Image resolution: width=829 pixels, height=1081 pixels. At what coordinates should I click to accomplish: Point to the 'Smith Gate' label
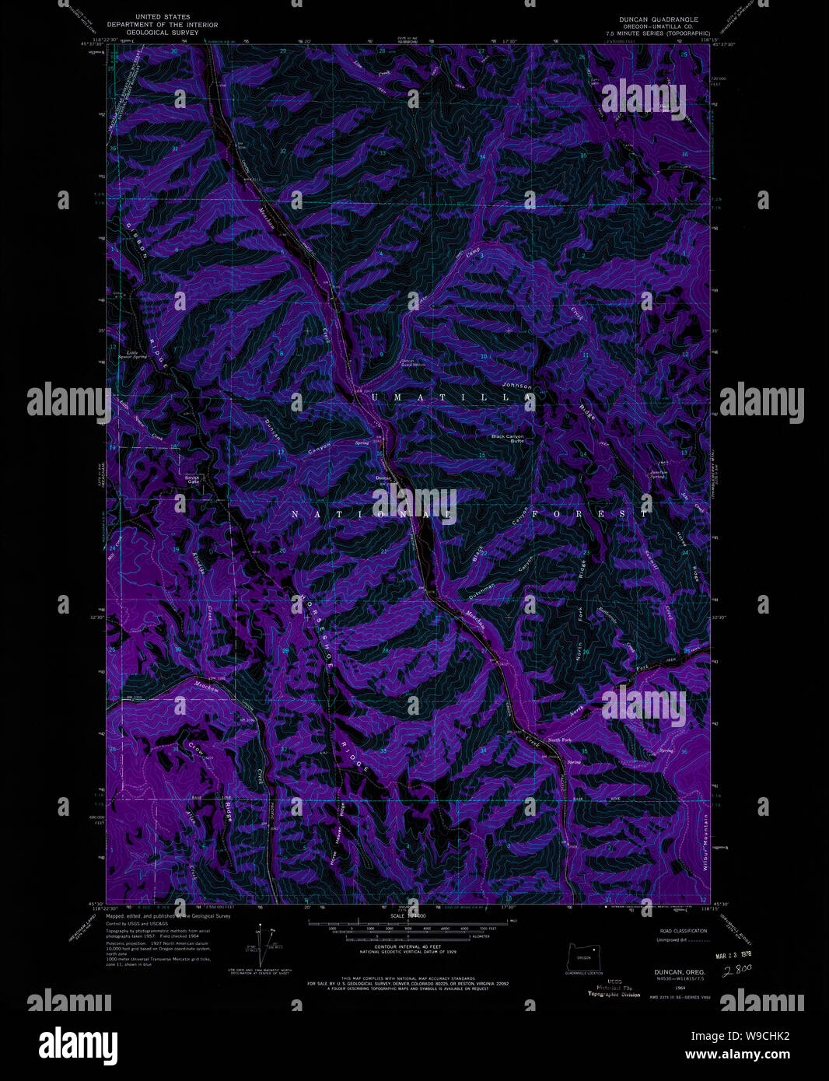click(192, 479)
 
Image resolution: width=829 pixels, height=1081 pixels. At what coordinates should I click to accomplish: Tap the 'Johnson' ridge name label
click(517, 386)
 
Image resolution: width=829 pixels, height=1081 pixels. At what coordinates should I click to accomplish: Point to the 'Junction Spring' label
click(659, 474)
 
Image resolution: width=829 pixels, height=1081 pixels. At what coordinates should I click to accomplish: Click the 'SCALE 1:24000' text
click(409, 917)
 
